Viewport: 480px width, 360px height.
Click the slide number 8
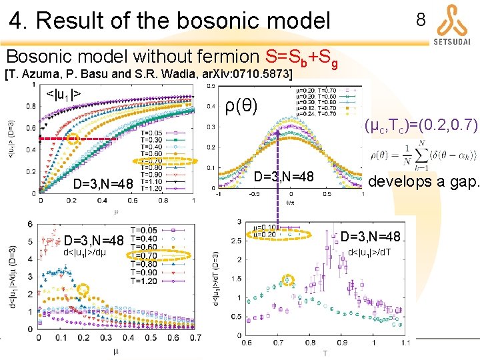420,20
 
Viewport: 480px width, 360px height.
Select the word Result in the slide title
73,21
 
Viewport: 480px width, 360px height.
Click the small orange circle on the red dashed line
73,139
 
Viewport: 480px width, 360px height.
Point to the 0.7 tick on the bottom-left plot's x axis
195,338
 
